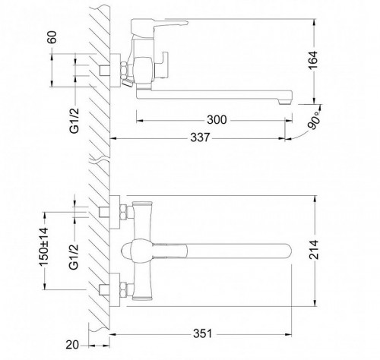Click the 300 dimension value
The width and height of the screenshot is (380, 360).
217,119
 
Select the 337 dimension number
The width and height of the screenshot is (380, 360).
200,137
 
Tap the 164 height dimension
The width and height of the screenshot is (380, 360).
313,60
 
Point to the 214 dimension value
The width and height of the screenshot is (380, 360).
314,250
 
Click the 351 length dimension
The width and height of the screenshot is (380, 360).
203,333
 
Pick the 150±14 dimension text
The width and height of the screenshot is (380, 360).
43,247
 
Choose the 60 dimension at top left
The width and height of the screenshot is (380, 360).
52,37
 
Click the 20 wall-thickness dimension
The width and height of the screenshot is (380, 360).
72,345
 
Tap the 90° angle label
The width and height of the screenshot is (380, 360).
313,121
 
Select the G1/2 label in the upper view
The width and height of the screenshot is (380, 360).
74,121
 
